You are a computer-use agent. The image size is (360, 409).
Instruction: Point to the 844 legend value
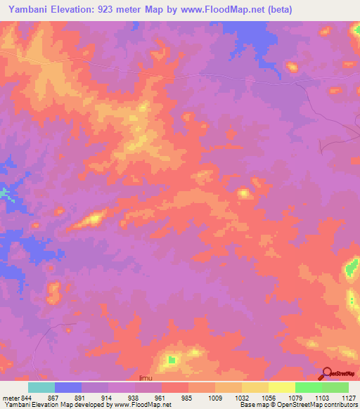26,398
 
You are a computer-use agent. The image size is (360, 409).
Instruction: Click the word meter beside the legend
10,398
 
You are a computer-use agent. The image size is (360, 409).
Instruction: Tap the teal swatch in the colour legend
41,387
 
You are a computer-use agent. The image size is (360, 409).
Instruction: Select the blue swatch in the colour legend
68,387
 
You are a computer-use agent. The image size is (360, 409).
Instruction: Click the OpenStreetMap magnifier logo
327,374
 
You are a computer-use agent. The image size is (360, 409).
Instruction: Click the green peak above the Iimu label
171,361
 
